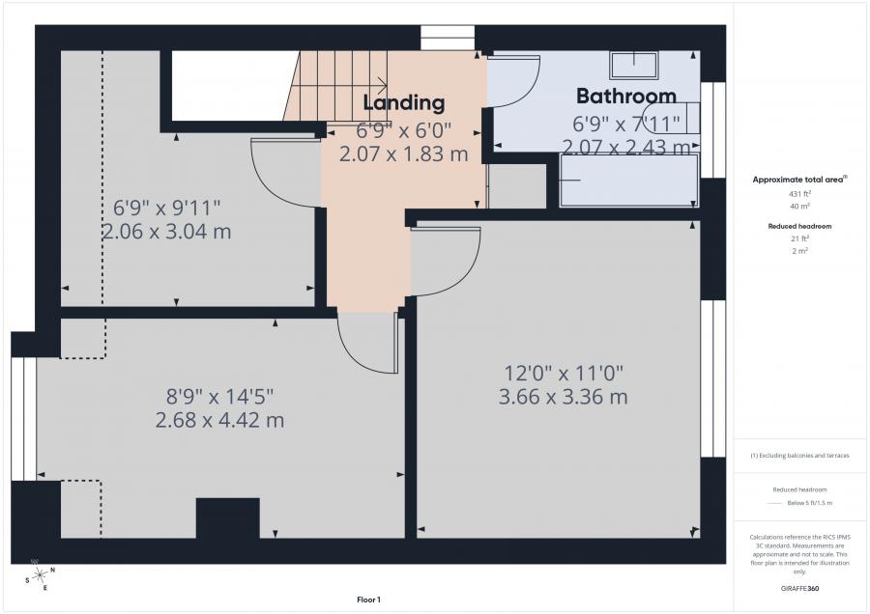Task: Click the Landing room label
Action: point(404,103)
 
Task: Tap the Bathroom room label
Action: point(626,96)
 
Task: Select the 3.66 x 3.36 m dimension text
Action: point(564,397)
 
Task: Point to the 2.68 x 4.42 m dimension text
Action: point(219,420)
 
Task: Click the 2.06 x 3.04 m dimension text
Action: point(166,231)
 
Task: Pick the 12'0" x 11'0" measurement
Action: point(564,374)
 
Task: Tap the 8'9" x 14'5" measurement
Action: point(219,397)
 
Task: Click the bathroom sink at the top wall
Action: point(633,66)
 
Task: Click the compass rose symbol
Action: point(40,575)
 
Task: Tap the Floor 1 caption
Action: point(368,600)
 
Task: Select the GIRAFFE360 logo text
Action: point(799,588)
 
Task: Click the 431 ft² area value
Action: point(799,194)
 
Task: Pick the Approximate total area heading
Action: point(799,180)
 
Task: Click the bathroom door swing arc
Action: point(527,92)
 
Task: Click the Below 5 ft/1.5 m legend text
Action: point(809,503)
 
